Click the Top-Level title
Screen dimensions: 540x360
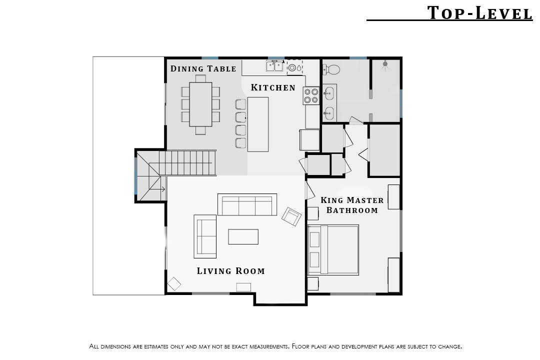479,13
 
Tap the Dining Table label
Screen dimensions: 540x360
203,68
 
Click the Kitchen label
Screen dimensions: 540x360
273,87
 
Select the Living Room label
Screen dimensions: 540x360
230,271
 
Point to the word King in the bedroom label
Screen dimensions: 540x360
332,200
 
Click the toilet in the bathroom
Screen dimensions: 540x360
331,69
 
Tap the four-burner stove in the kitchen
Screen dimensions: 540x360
311,96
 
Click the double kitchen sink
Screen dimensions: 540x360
274,65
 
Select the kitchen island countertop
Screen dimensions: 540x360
258,124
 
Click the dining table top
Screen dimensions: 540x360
200,104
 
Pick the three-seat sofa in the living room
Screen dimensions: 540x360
247,204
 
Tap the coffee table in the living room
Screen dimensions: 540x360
243,236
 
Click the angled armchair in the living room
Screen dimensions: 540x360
291,216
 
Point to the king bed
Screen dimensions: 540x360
333,250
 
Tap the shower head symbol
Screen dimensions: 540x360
385,64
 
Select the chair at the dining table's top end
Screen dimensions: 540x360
200,78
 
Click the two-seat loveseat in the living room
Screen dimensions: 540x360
205,236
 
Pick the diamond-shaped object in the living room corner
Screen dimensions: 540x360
174,284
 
